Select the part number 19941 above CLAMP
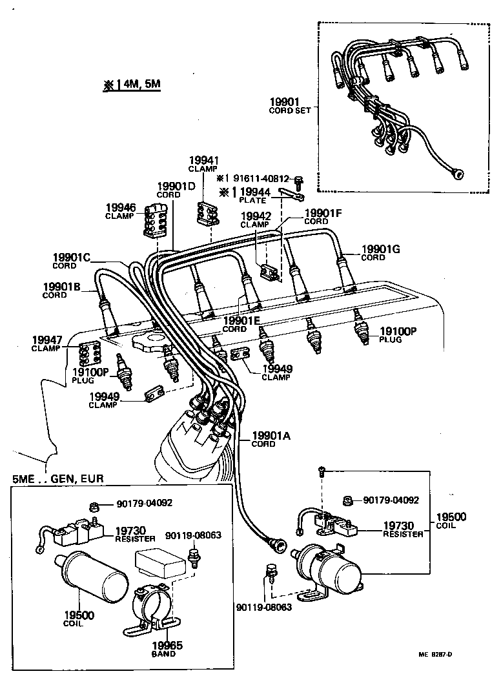click(x=204, y=160)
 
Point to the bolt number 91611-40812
click(x=261, y=178)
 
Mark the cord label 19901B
click(x=61, y=287)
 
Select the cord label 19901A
click(x=271, y=436)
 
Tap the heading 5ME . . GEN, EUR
click(x=58, y=478)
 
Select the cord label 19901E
click(x=241, y=320)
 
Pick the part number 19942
click(x=256, y=216)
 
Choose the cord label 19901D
click(x=176, y=185)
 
